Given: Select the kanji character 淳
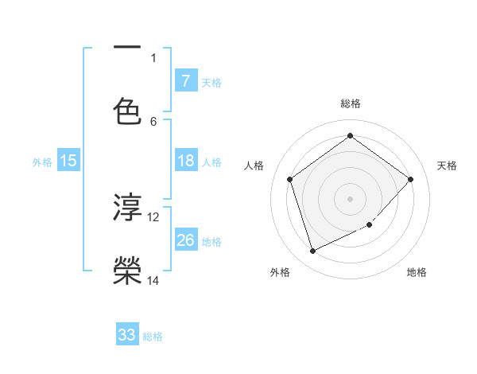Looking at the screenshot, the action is tap(127, 207).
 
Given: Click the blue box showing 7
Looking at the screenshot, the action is tap(185, 80).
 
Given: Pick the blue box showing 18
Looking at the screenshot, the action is tap(185, 161).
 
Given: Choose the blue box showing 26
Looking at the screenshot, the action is tap(185, 240).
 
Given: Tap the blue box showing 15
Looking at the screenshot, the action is tap(68, 161).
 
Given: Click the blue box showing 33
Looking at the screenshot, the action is tap(127, 335).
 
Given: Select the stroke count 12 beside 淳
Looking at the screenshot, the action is tap(153, 216).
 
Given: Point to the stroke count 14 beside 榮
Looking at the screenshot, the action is tap(153, 280).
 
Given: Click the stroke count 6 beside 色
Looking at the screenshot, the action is tap(153, 121).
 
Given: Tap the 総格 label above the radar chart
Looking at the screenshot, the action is tap(350, 104).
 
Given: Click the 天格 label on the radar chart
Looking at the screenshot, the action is tap(447, 166).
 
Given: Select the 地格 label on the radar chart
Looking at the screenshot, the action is tap(417, 272).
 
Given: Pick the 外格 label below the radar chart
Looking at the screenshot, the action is tap(280, 272).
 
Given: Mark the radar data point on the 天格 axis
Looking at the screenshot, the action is tap(410, 179).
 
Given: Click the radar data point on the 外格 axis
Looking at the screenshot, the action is tap(312, 251).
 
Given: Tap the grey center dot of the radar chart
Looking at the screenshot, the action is tap(350, 198).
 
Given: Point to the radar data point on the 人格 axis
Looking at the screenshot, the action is tap(290, 179).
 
